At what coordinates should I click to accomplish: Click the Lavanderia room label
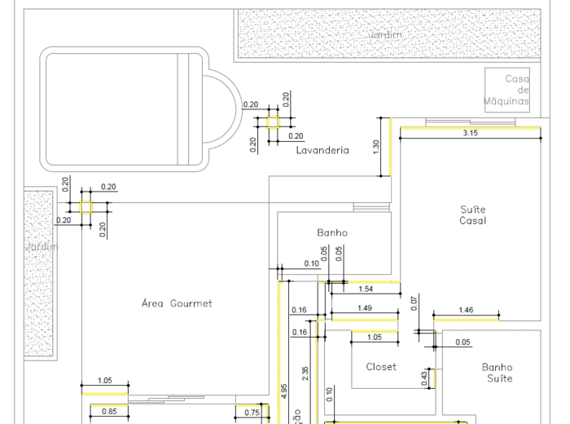pyautogui.click(x=322, y=150)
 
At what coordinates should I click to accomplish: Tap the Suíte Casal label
pyautogui.click(x=472, y=215)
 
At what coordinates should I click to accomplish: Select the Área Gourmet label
pyautogui.click(x=177, y=303)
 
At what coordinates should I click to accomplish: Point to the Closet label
pyautogui.click(x=381, y=366)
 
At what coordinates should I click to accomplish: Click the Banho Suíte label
pyautogui.click(x=498, y=373)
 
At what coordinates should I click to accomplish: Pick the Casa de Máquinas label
pyautogui.click(x=508, y=91)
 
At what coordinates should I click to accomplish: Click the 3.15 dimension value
pyautogui.click(x=470, y=133)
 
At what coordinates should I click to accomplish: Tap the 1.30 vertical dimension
pyautogui.click(x=375, y=147)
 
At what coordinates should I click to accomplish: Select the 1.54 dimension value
pyautogui.click(x=366, y=289)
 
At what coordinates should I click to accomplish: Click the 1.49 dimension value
pyautogui.click(x=365, y=307)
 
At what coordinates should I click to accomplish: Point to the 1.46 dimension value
pyautogui.click(x=466, y=311)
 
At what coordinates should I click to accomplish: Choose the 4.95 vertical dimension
pyautogui.click(x=283, y=390)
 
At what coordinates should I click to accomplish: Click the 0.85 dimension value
pyautogui.click(x=109, y=412)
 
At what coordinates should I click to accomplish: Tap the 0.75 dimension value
pyautogui.click(x=252, y=413)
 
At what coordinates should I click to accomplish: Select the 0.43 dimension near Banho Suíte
pyautogui.click(x=425, y=378)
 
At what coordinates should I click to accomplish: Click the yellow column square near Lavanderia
pyautogui.click(x=273, y=122)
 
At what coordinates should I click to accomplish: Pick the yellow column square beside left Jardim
pyautogui.click(x=85, y=207)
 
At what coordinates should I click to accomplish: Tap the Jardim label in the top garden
pyautogui.click(x=385, y=34)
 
